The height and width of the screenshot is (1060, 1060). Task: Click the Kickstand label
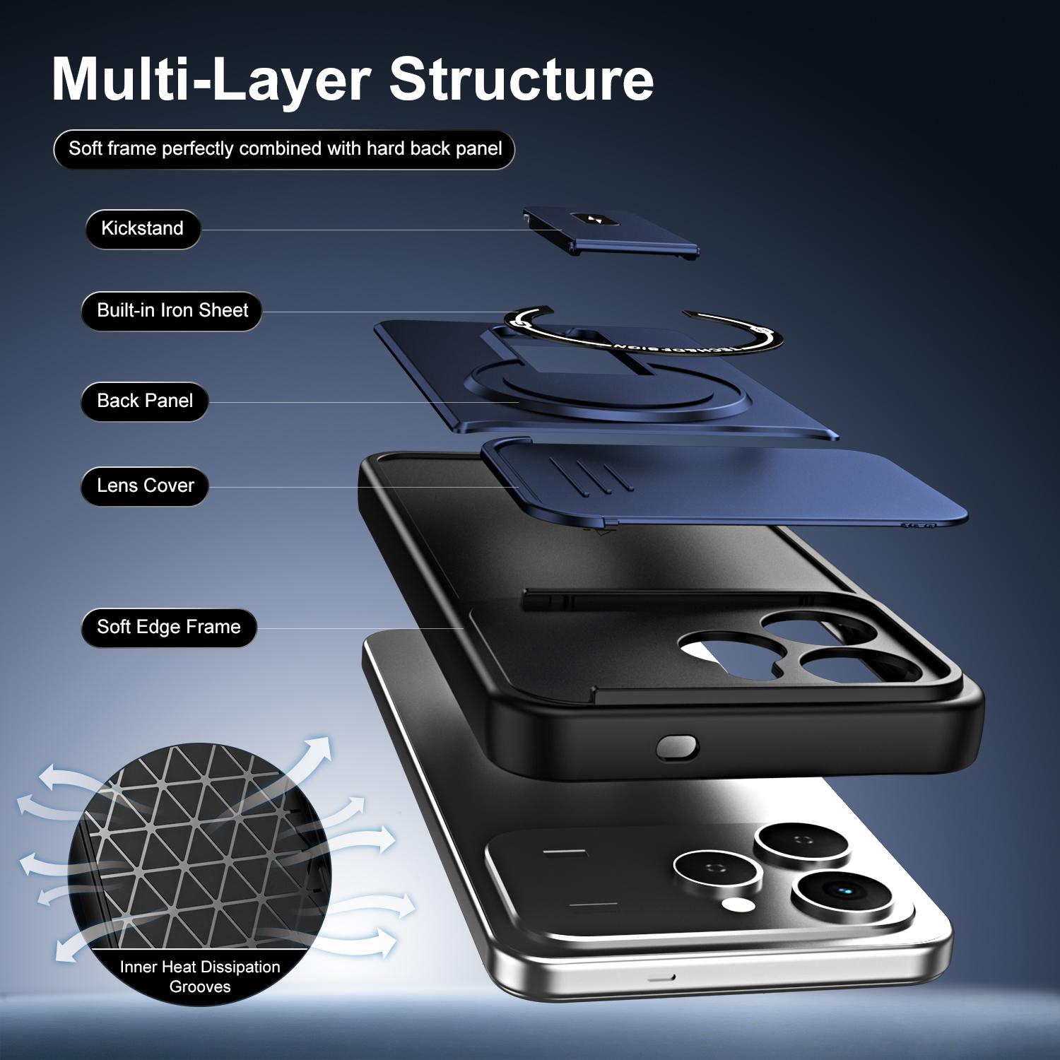(x=143, y=229)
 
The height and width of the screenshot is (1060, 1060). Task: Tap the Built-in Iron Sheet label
(x=172, y=311)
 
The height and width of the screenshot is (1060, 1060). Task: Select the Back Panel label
(x=145, y=401)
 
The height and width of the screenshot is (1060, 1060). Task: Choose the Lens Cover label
(x=145, y=486)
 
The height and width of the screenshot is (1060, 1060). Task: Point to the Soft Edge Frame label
(x=169, y=628)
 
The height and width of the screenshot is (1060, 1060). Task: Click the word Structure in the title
(x=522, y=78)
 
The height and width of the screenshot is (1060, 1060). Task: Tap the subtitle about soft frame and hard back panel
(x=285, y=149)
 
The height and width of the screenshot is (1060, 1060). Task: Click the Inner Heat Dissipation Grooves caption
(x=200, y=977)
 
